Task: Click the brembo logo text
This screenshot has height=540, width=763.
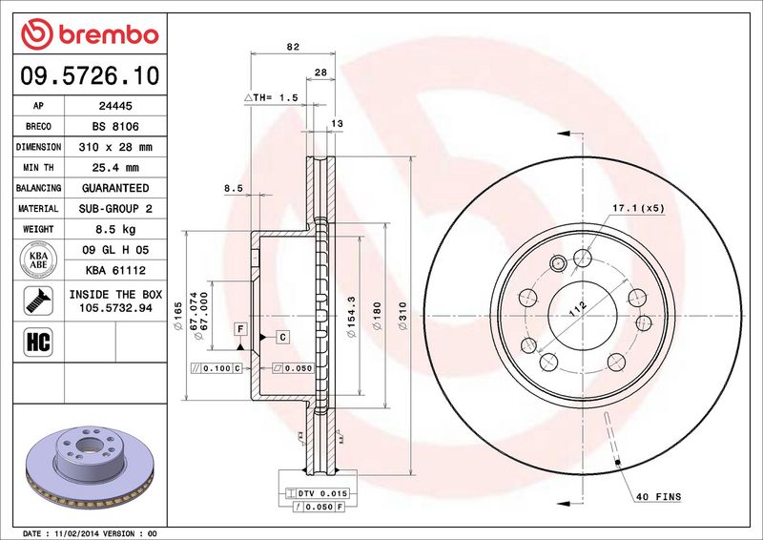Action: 109,35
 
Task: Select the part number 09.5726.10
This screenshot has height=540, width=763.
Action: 90,75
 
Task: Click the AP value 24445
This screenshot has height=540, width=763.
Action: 115,106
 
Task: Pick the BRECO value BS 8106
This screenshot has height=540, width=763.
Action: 115,127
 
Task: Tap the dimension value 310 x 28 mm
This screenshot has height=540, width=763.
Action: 115,147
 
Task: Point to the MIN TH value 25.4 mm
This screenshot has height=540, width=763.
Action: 115,168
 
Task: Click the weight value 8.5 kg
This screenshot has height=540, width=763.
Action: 115,229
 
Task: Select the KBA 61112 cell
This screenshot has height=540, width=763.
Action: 115,270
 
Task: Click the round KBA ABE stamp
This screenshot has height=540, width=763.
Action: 38,260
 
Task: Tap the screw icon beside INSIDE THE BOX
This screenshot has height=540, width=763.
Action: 38,301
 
